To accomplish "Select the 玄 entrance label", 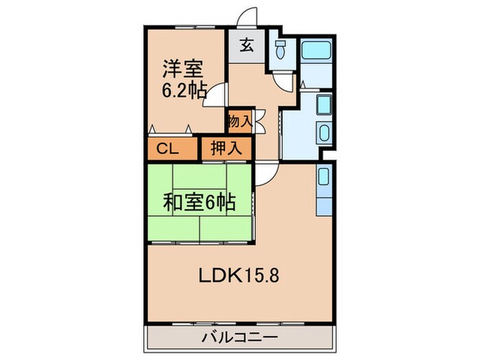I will click(246, 47).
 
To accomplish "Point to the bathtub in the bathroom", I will click(317, 49).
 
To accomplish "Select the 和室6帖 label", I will click(199, 202).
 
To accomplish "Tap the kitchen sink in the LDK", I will click(324, 177).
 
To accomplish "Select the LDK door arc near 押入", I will click(267, 173).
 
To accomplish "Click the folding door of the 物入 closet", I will click(259, 122).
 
